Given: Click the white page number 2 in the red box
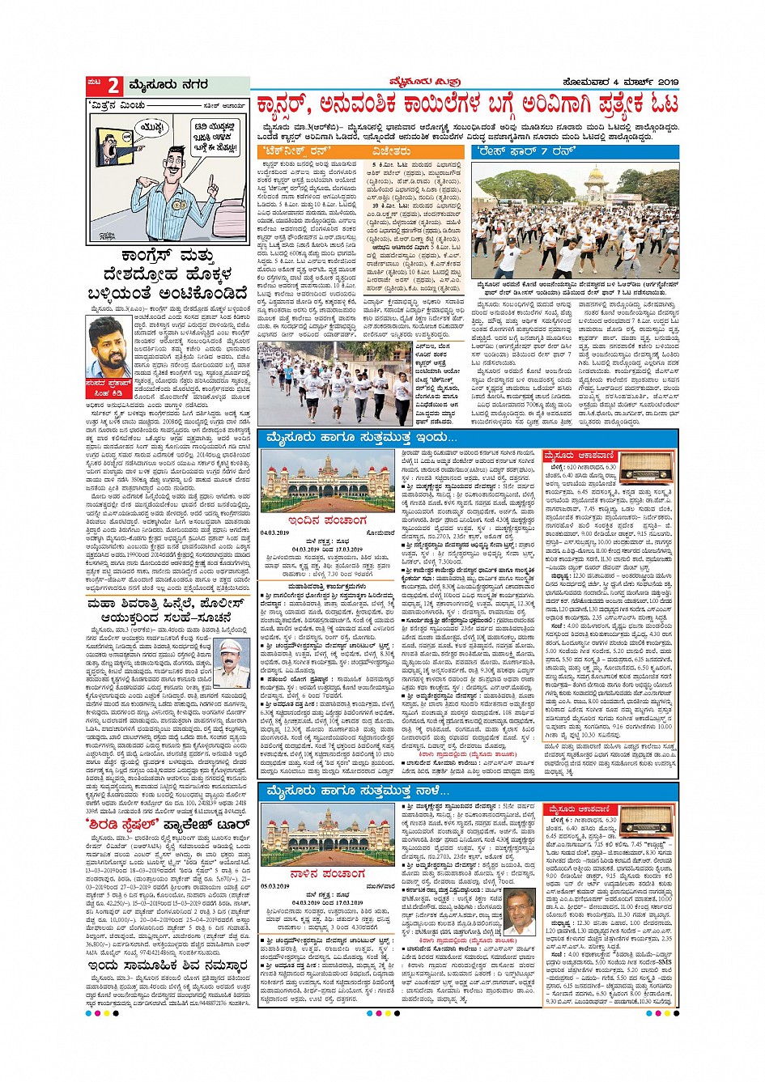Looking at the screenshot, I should [x=113, y=85].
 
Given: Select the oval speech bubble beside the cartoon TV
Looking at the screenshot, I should [x=151, y=127].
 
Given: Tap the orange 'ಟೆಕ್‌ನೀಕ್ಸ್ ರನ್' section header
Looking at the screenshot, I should [x=293, y=151].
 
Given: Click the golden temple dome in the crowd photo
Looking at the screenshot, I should [x=597, y=176].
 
